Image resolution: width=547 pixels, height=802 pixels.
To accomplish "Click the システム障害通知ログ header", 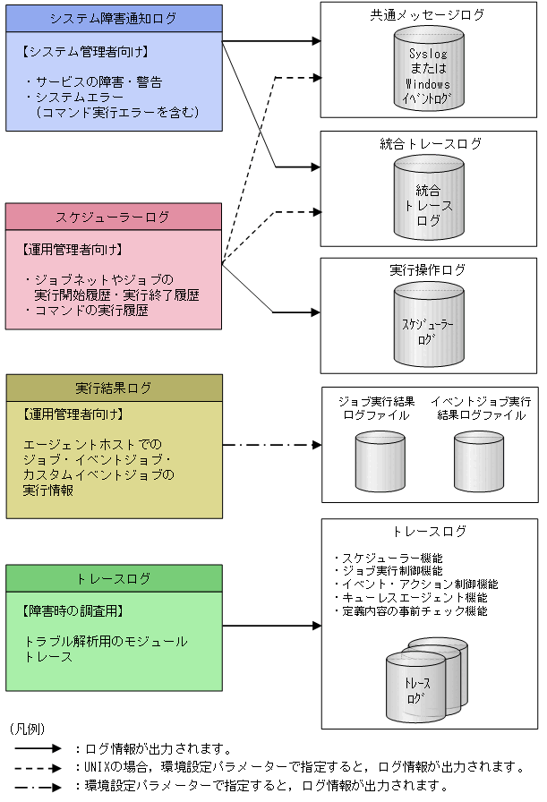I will (114, 17).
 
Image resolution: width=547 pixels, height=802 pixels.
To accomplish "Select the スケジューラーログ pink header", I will (114, 217).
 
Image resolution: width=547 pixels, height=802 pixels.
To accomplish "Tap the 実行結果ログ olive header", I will (114, 388).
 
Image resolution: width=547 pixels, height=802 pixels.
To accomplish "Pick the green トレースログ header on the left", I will (114, 578).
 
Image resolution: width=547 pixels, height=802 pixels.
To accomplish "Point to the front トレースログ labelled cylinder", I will (416, 687).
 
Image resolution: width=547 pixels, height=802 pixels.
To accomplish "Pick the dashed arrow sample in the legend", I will (37, 767).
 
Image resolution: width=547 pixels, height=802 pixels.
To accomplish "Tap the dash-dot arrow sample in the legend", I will (37, 786).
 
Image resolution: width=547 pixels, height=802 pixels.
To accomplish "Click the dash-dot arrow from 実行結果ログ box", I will (271, 445).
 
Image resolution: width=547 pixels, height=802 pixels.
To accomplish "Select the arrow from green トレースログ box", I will (271, 626).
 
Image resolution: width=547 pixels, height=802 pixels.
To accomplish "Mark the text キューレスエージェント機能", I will (414, 598).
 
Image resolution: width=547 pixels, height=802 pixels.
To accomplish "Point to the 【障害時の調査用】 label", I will (72, 611).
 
